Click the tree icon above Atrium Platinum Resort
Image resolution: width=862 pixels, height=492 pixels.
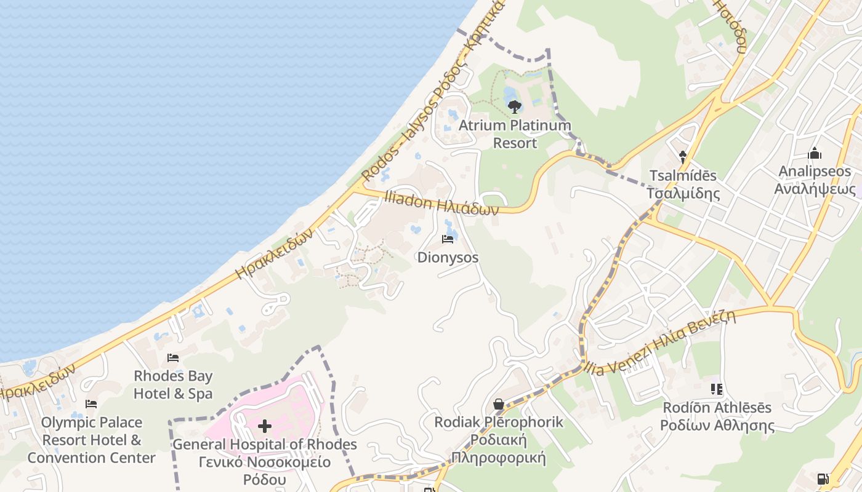click(514, 107)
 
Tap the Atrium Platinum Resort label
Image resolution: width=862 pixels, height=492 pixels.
click(515, 134)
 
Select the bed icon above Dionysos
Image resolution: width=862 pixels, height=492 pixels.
click(448, 239)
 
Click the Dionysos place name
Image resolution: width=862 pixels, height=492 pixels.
click(448, 258)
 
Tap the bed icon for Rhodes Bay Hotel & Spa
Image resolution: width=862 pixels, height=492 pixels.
click(173, 358)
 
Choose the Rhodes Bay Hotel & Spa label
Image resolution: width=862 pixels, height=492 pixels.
click(173, 385)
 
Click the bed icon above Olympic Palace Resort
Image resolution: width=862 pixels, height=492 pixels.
click(91, 404)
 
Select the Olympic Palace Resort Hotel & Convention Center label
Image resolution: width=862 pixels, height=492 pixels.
click(91, 440)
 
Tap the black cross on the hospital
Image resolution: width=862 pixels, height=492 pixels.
click(265, 426)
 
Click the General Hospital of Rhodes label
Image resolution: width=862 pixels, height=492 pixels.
click(265, 462)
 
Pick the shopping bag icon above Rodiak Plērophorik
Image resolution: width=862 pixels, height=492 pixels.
click(499, 404)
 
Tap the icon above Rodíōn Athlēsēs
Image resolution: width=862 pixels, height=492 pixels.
click(717, 389)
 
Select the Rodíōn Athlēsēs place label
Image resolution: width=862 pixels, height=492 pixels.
click(717, 416)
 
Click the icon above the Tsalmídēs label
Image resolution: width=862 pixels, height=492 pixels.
click(682, 157)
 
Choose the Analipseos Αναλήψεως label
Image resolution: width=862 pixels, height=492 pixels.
click(815, 180)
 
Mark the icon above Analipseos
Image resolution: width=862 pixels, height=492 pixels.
click(815, 153)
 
